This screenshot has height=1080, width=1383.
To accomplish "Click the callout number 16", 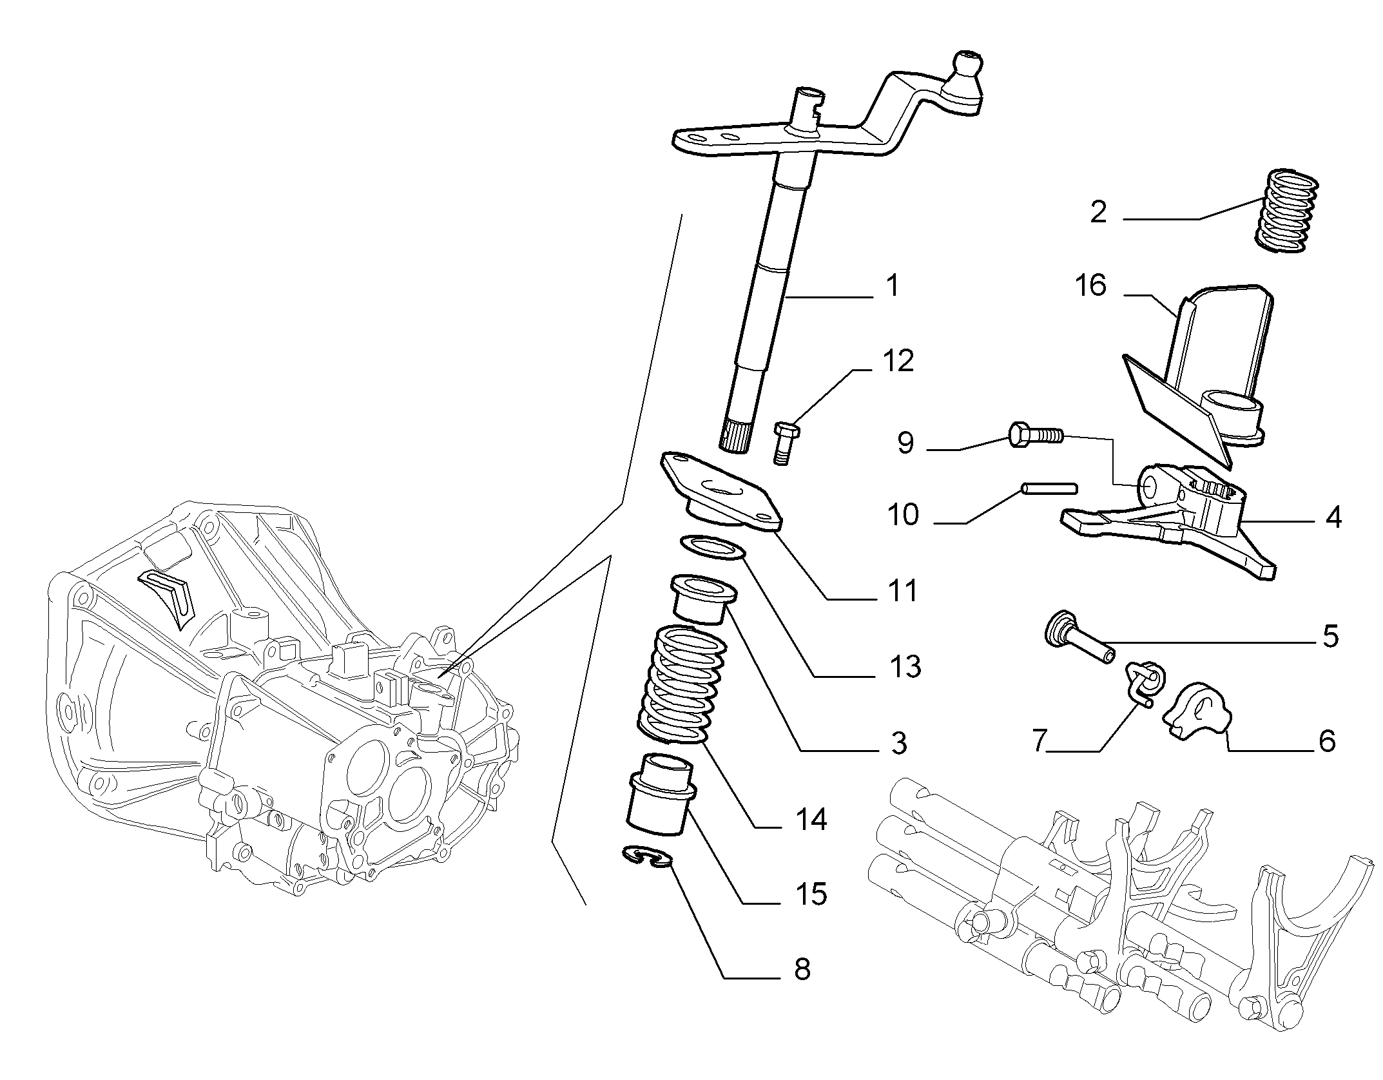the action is [x=1091, y=285].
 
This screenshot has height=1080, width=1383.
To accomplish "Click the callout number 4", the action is [x=1333, y=517].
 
